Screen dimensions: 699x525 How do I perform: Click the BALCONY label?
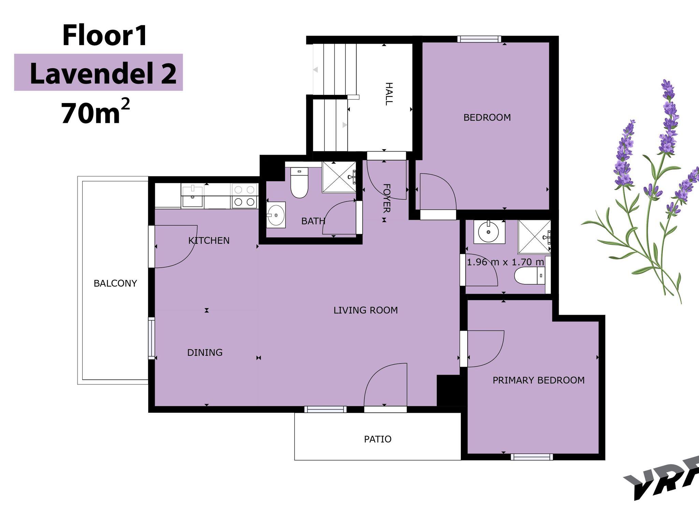tap(115, 283)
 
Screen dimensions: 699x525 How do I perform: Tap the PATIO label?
tap(377, 439)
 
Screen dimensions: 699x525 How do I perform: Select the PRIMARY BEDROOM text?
tap(539, 380)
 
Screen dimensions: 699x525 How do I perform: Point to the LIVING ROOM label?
tap(366, 310)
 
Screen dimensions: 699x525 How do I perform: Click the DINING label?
tap(205, 353)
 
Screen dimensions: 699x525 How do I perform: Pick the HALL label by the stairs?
tap(389, 94)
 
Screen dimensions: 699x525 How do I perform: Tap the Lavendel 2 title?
tap(103, 73)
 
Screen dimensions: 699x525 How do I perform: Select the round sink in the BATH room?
tap(276, 215)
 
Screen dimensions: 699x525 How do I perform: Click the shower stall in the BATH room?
tap(339, 177)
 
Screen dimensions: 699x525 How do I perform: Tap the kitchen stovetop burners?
tap(244, 196)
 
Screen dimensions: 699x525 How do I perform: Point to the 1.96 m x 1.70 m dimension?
tap(505, 262)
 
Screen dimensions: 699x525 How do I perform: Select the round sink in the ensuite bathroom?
tap(489, 232)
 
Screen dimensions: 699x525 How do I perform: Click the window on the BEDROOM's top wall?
tap(480, 39)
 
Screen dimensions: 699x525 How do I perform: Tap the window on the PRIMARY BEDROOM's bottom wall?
tap(532, 457)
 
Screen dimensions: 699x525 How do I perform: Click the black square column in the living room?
tap(448, 391)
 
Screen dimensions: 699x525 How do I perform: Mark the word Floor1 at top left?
tap(105, 36)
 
